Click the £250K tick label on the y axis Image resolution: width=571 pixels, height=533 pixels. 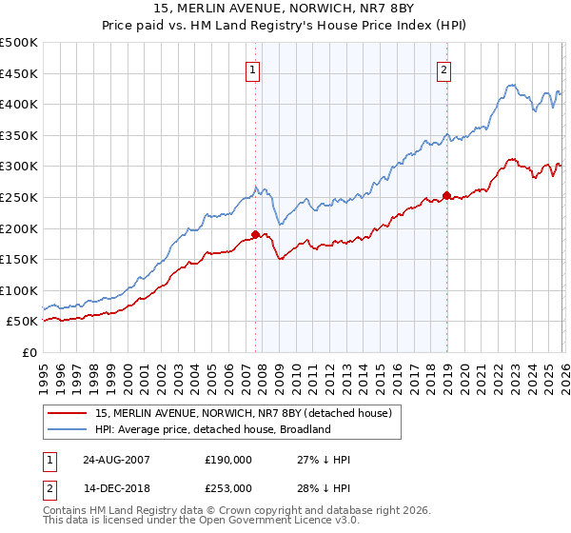click(x=19, y=197)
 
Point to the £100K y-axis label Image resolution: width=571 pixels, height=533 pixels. click(x=19, y=290)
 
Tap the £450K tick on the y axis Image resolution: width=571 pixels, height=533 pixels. click(x=19, y=73)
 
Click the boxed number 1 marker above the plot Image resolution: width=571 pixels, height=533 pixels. click(x=254, y=69)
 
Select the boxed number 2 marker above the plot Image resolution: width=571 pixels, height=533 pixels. click(x=444, y=69)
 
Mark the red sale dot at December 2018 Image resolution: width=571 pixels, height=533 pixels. click(x=446, y=195)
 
